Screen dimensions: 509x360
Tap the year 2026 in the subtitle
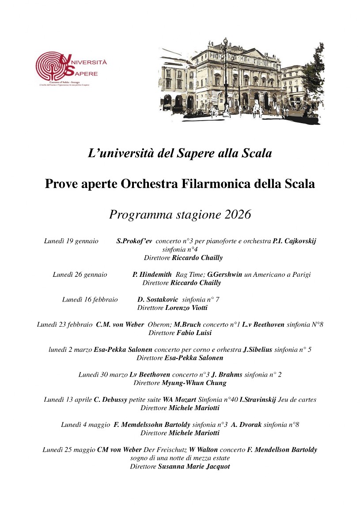tap(238, 215)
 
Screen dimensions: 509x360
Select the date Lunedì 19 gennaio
tap(71, 241)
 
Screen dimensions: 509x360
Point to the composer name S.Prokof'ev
tap(134, 241)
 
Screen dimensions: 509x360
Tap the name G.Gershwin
tap(225, 275)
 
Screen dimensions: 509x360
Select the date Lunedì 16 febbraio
tap(90, 300)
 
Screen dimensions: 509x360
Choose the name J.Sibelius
tap(258, 350)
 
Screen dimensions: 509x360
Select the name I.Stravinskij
tap(258, 400)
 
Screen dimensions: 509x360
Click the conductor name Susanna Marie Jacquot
tap(194, 466)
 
